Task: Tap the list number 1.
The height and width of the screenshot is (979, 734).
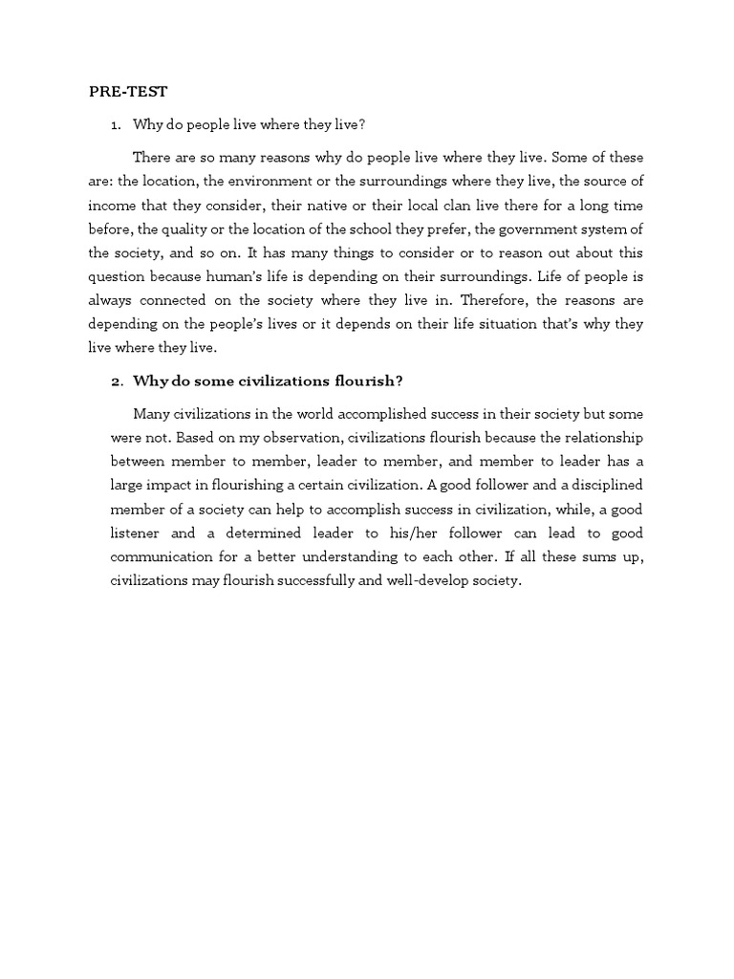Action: [116, 125]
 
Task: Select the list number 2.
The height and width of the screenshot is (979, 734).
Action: [116, 381]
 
